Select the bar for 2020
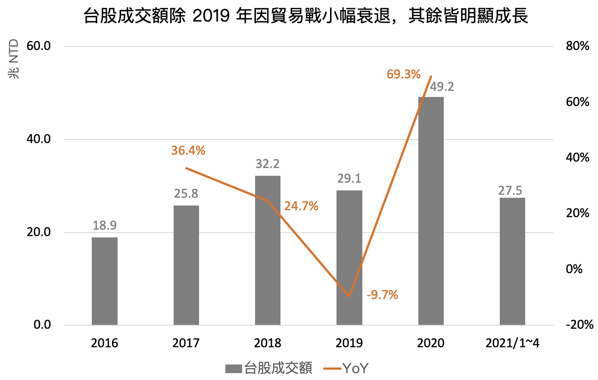(431, 211)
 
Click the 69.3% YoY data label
(403, 75)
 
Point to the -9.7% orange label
(382, 295)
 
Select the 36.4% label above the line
(188, 151)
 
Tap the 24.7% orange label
(301, 206)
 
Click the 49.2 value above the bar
(442, 87)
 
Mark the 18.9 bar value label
(105, 225)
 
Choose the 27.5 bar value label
(510, 190)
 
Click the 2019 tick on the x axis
(349, 343)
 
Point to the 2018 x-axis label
(268, 343)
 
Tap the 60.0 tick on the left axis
(39, 46)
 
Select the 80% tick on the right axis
(577, 46)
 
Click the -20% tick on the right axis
(579, 325)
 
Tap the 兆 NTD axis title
(14, 59)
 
